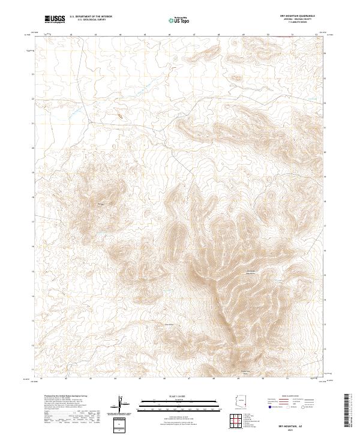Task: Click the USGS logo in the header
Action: [55, 19]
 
